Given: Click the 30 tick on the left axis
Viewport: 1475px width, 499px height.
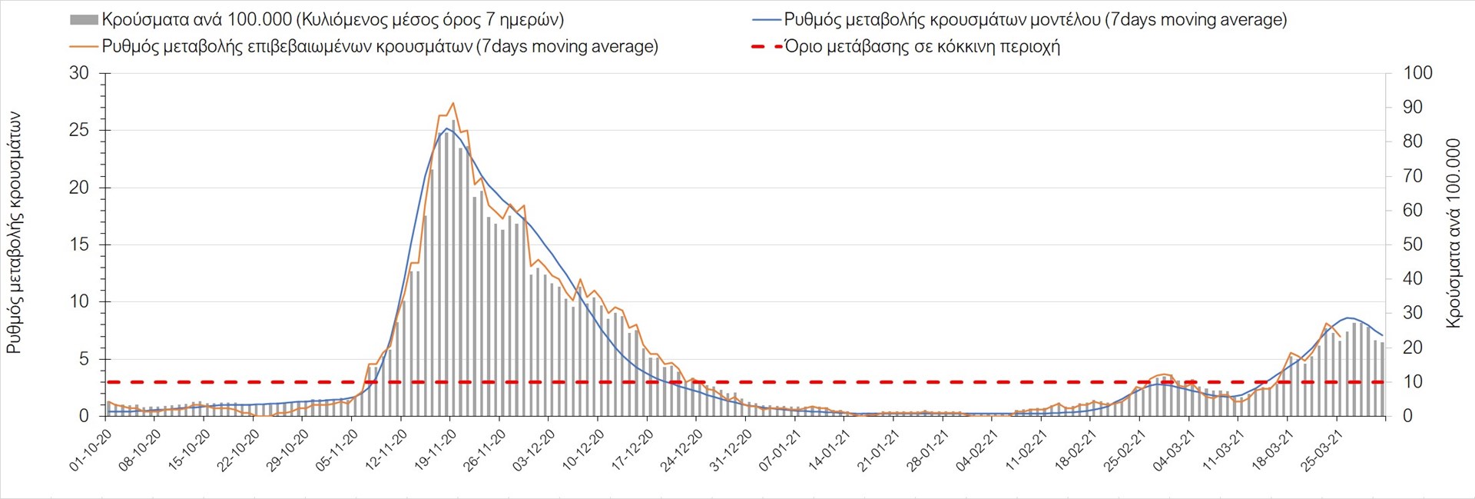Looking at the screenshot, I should [79, 74].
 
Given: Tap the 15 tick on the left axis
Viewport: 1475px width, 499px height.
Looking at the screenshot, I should [79, 245].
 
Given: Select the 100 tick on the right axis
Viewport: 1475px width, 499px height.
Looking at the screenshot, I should [1417, 74].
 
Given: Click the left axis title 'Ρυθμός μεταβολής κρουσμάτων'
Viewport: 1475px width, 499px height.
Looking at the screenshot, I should [14, 233].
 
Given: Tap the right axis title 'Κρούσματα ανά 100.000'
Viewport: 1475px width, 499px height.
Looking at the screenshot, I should [1453, 233].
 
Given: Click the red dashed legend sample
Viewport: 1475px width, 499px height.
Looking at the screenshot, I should [766, 47].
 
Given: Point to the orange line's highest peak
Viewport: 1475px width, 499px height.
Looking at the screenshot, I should [453, 103].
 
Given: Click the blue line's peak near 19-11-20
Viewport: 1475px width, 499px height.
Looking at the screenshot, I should [446, 128].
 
